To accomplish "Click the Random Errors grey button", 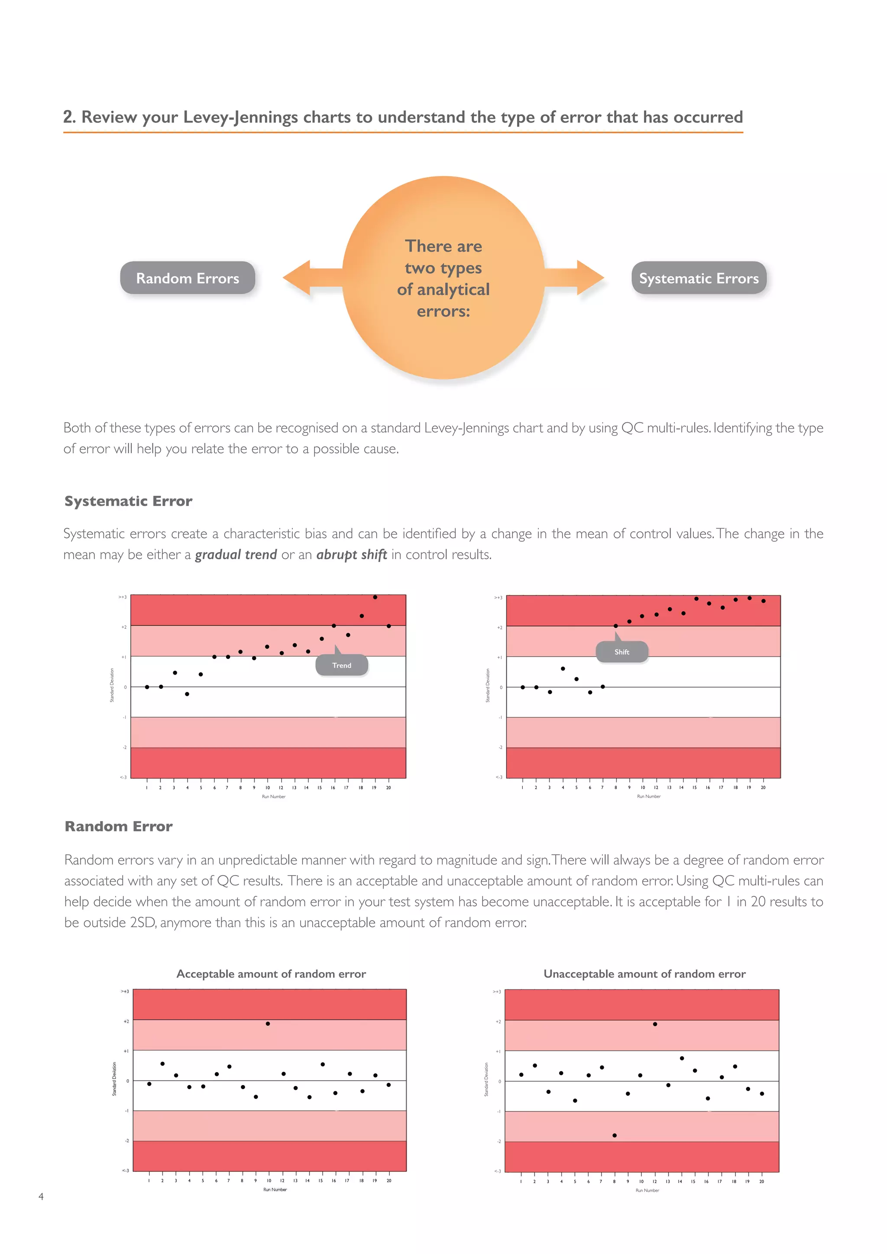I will (x=188, y=278).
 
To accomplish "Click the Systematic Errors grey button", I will (x=699, y=278).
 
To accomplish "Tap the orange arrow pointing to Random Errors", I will (x=306, y=278).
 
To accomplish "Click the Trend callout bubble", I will (x=342, y=665).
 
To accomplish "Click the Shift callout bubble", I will (x=622, y=652).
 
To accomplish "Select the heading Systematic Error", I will (x=128, y=501).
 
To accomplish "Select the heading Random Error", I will (x=119, y=826).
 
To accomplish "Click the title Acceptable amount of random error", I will (x=271, y=974).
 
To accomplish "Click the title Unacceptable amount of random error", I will (x=644, y=974).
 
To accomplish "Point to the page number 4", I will (x=41, y=1196).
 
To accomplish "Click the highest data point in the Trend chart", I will (x=375, y=597).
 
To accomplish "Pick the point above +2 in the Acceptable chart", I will (x=268, y=1024).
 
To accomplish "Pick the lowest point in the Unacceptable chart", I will (x=615, y=1135).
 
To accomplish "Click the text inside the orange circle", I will (x=443, y=278).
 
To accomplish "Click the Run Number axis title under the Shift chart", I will (x=648, y=796).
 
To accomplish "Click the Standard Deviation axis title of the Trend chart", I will (x=112, y=685).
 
